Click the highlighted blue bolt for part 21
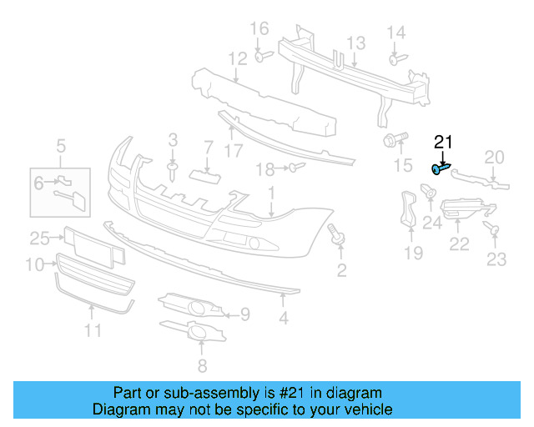coord(441,169)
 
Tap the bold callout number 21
coord(442,142)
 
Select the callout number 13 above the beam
coord(355,43)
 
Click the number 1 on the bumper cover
coord(271,193)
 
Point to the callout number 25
coord(39,239)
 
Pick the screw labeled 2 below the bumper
coord(339,236)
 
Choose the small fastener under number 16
coord(260,56)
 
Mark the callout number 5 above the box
coord(61,148)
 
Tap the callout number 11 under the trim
coord(92,330)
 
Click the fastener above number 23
coord(492,229)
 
